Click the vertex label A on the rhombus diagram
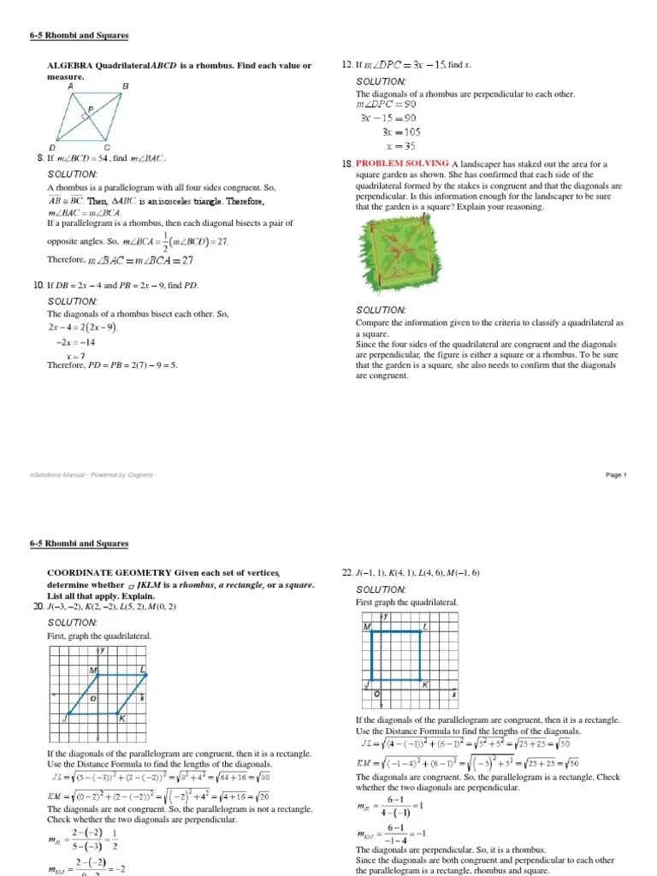click(x=69, y=86)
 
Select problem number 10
click(x=39, y=284)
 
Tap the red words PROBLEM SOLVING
click(x=402, y=163)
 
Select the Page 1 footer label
click(x=616, y=475)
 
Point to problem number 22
click(x=346, y=572)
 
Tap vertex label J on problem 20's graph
click(x=66, y=718)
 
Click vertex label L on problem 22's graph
click(x=425, y=627)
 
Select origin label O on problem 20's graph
click(x=92, y=699)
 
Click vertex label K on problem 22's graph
click(x=424, y=685)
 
